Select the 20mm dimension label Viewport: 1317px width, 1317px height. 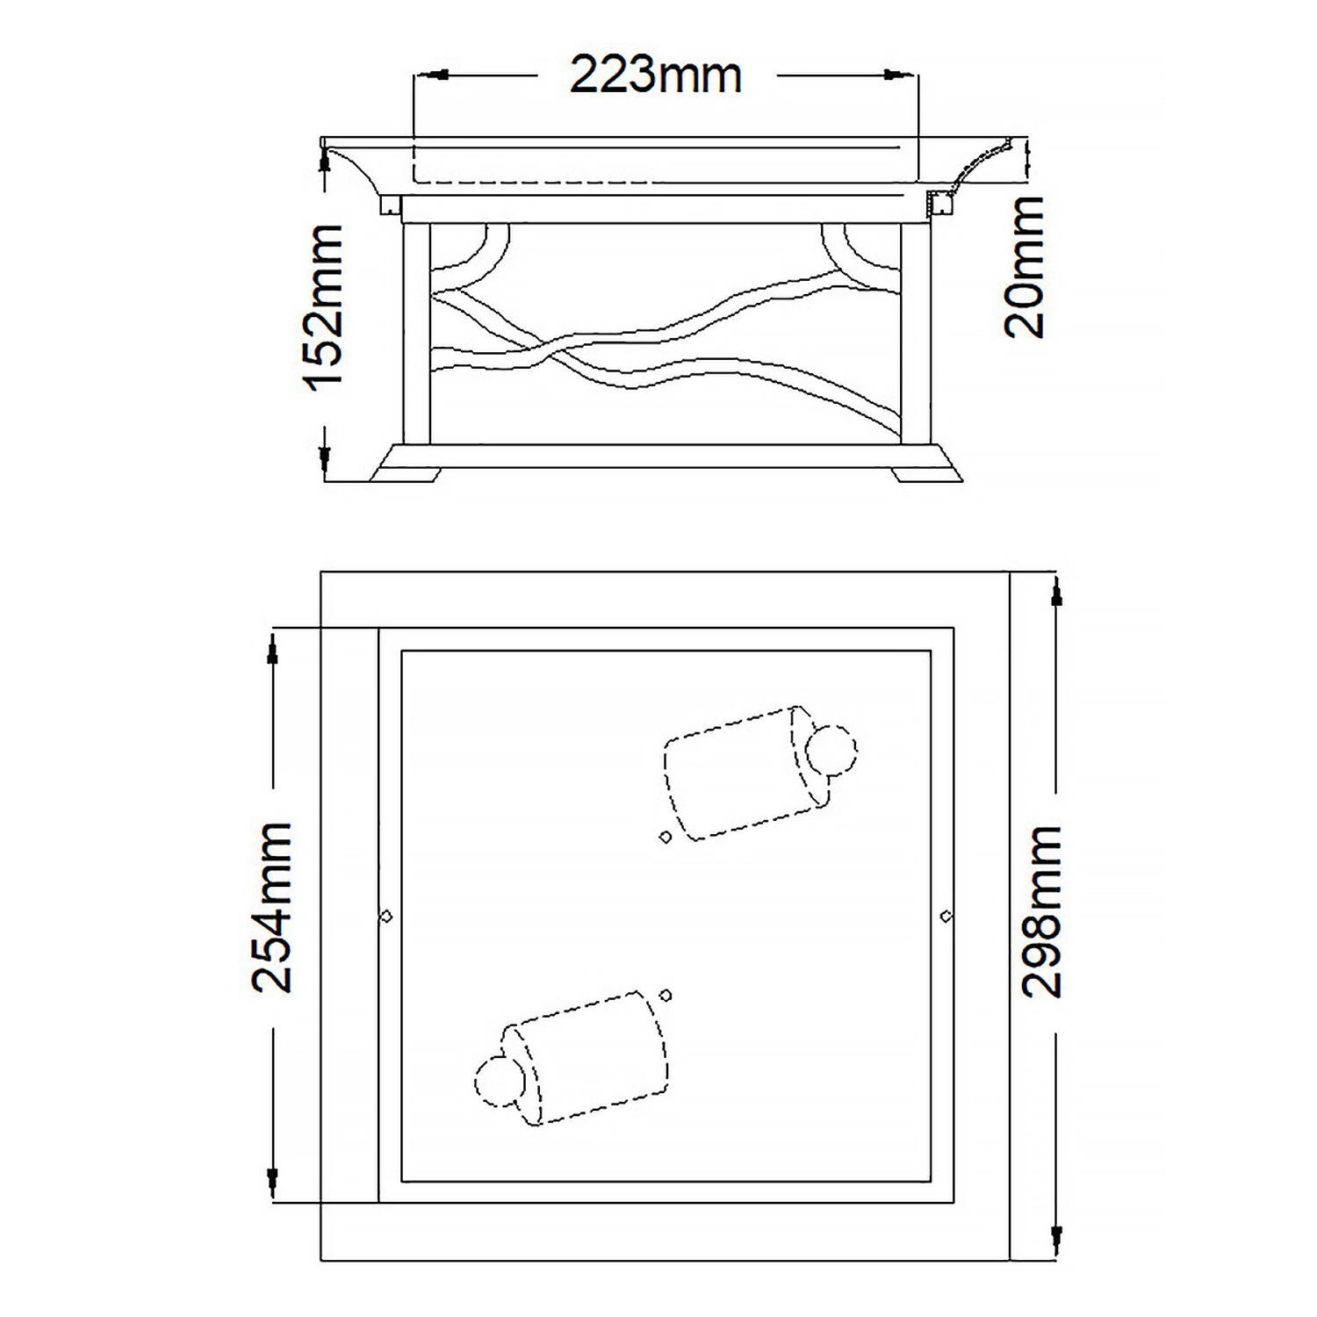point(1025,267)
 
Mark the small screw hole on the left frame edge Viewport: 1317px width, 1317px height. point(385,917)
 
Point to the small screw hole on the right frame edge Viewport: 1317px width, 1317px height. point(946,917)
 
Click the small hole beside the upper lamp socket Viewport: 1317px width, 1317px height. point(665,837)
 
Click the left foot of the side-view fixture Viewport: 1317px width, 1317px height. point(405,473)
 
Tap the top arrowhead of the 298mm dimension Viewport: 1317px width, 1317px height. point(1057,594)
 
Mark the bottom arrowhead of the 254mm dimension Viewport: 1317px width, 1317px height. point(274,1176)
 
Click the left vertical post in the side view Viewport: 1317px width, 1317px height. point(416,333)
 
